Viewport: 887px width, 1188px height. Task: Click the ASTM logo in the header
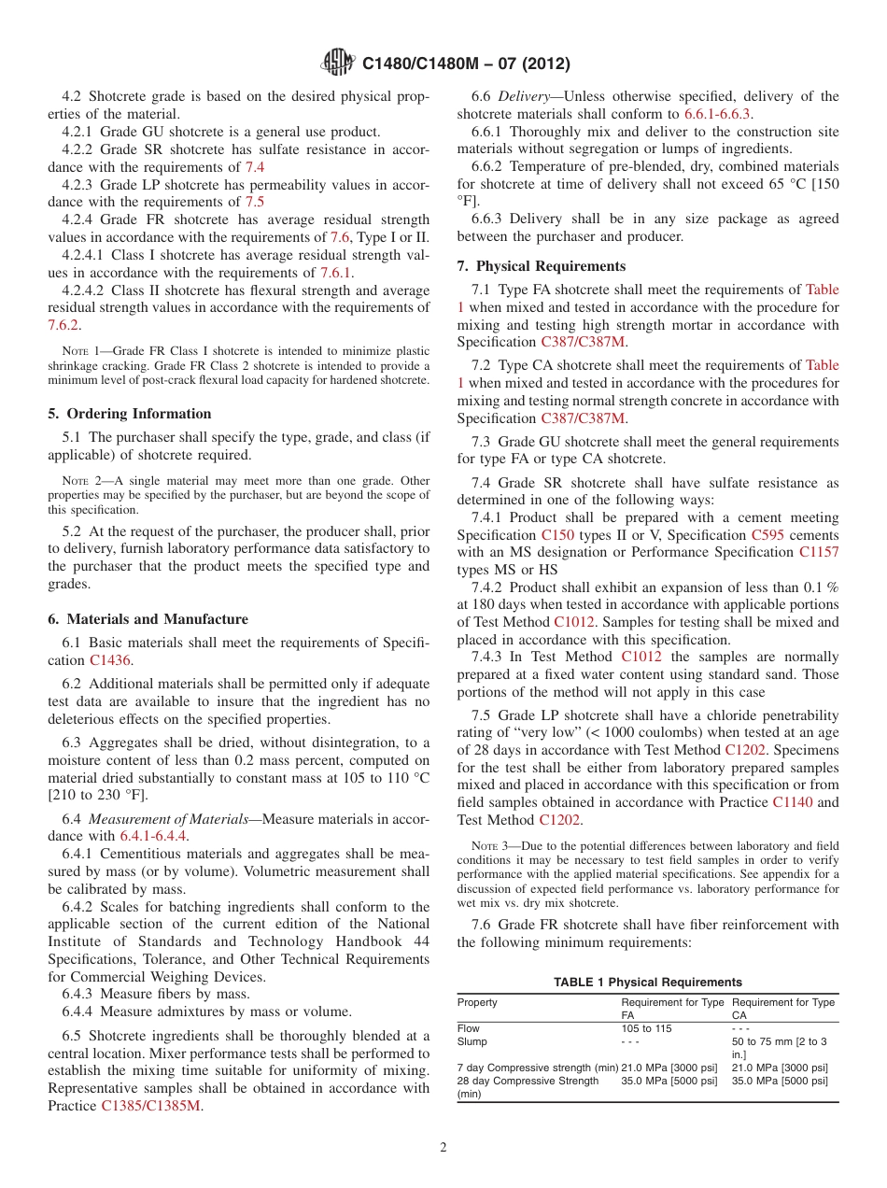[x=337, y=64]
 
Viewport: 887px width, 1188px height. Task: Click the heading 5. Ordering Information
[x=130, y=414]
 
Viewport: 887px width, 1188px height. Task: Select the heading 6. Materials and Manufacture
[x=148, y=619]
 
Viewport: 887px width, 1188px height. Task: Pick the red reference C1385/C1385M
[x=150, y=1106]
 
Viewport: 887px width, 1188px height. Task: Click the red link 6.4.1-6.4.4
[x=149, y=836]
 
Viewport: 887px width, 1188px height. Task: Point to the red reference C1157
[x=818, y=552]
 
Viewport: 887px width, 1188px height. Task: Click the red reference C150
[x=557, y=535]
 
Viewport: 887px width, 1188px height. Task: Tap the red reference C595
[x=767, y=535]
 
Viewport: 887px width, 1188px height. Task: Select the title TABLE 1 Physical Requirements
[x=647, y=982]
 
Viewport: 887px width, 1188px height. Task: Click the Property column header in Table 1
[x=477, y=1002]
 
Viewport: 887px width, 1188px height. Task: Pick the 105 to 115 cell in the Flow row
[x=646, y=1028]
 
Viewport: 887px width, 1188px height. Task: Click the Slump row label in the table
[x=472, y=1041]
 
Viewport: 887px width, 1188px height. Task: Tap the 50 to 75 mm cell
[x=779, y=1041]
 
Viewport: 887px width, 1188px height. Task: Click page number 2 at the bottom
[x=443, y=1148]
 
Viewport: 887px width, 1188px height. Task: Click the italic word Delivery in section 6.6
[x=523, y=96]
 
